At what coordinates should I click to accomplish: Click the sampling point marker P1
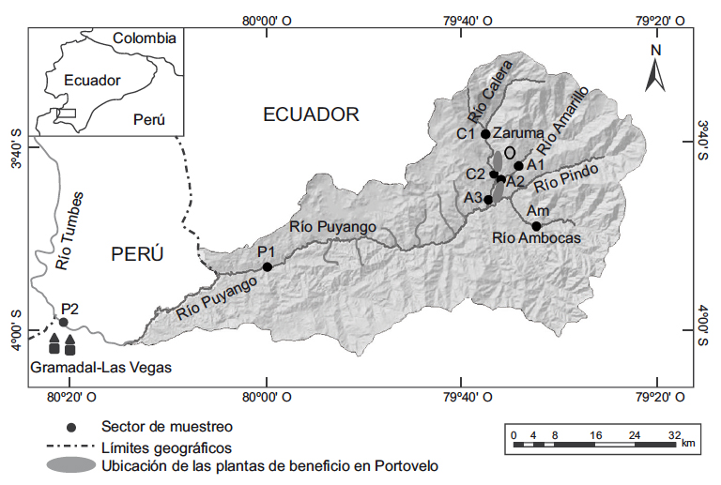pyautogui.click(x=267, y=266)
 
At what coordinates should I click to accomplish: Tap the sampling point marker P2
pyautogui.click(x=63, y=322)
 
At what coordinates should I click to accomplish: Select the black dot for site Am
pyautogui.click(x=536, y=226)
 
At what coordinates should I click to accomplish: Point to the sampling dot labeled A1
pyautogui.click(x=518, y=166)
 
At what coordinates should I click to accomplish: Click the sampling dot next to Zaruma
pyautogui.click(x=485, y=133)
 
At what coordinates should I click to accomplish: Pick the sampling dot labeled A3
pyautogui.click(x=488, y=199)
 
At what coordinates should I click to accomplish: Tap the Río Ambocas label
pyautogui.click(x=537, y=240)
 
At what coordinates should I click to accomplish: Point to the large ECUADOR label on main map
pyautogui.click(x=311, y=114)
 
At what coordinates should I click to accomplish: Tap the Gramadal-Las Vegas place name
pyautogui.click(x=101, y=368)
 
